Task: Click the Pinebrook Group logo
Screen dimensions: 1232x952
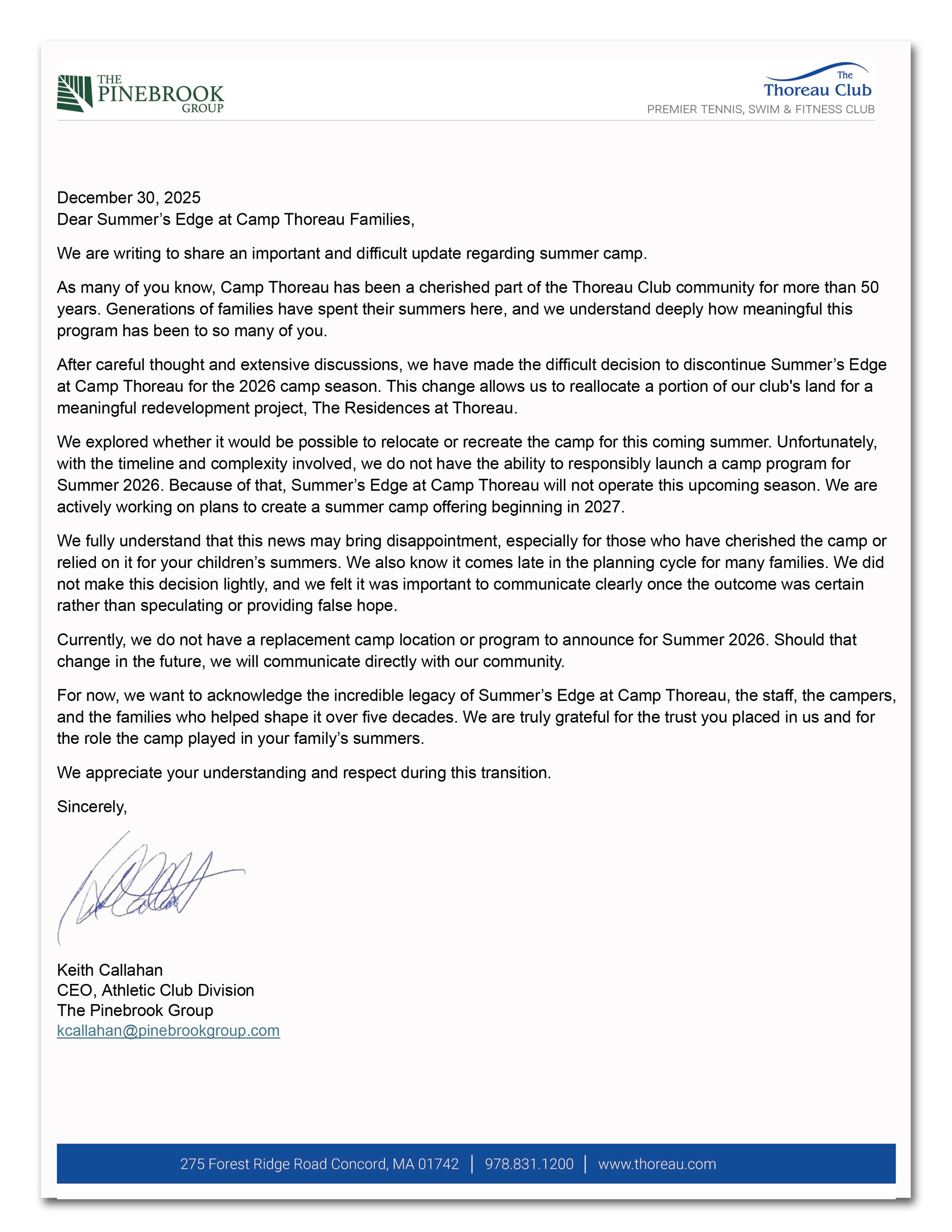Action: (141, 94)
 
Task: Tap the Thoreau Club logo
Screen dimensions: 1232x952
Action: (817, 83)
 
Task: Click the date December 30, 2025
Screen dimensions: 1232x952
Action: (129, 197)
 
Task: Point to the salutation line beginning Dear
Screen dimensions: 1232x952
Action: (235, 220)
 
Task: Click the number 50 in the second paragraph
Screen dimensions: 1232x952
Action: (869, 287)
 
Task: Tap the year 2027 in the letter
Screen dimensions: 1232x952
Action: (602, 507)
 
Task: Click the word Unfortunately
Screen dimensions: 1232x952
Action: (826, 442)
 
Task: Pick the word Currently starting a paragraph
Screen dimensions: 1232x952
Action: (91, 640)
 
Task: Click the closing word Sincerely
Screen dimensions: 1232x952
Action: (91, 807)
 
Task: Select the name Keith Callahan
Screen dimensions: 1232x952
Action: (110, 970)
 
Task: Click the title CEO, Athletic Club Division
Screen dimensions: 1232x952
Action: (155, 990)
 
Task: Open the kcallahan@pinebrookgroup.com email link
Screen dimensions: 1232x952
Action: (168, 1030)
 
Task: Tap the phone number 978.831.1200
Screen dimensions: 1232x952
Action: (529, 1164)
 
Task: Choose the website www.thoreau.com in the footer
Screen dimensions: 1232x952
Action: (657, 1164)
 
